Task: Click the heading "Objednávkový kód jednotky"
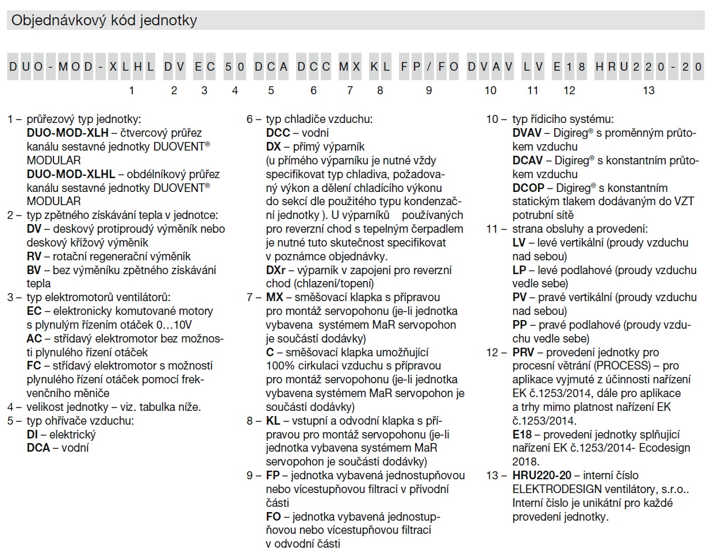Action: coord(104,21)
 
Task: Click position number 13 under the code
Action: coord(648,90)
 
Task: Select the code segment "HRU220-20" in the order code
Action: coord(648,67)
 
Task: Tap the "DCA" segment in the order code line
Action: coord(271,67)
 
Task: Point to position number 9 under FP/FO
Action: coord(429,90)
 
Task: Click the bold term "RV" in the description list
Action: coord(34,256)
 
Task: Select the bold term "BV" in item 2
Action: coord(34,270)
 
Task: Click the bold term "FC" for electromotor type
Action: coord(34,366)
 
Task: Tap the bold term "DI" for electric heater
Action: coord(32,434)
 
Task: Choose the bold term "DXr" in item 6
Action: coord(276,270)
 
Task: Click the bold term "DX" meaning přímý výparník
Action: coord(274,147)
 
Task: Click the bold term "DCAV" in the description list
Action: coord(528,160)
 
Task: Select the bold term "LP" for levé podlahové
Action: coord(519,270)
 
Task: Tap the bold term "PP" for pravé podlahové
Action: coord(520,325)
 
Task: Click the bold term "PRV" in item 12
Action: coord(523,352)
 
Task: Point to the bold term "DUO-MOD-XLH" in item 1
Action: coord(67,133)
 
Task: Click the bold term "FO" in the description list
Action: coord(274,517)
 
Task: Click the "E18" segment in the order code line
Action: coord(569,67)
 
